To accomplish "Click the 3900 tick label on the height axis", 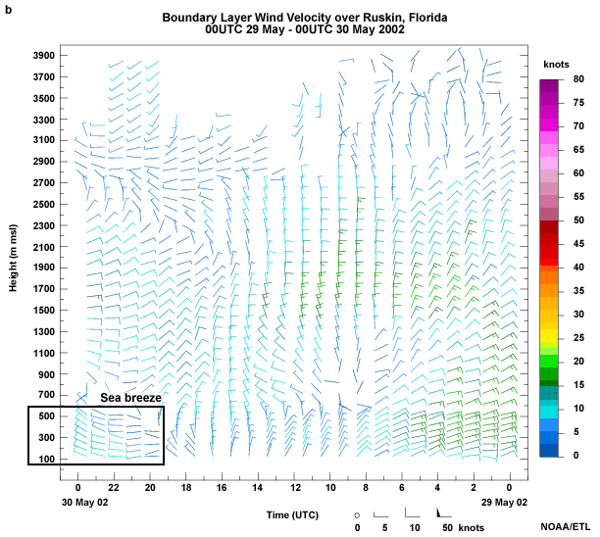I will (41, 54).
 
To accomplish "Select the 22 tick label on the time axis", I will (114, 487).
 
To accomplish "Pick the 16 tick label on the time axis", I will (223, 487).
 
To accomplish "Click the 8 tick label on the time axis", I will (366, 487).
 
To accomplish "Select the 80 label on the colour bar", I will (579, 79).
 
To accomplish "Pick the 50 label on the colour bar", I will (579, 220).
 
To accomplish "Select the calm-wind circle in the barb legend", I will (358, 513).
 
